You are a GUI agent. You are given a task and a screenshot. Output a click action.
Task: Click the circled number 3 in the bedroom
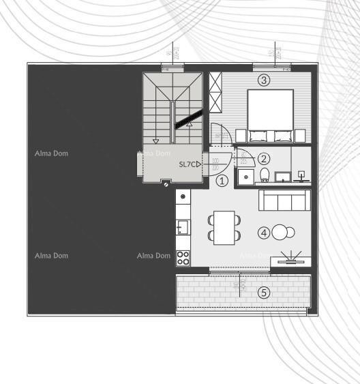coord(264,80)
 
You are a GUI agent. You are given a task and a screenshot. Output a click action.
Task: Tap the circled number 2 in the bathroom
coord(264,158)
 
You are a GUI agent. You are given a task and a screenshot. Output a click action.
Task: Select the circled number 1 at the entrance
coord(222,181)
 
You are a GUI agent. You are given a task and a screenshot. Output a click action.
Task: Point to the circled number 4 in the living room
coord(264,233)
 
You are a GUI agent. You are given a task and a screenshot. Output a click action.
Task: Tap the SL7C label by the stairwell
coord(189,164)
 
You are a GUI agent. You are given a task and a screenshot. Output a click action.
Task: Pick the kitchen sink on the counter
coord(182,226)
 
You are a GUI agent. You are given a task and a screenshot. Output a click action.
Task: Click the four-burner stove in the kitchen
coord(183,257)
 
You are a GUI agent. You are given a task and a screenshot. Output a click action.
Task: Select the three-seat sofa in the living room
coord(284,201)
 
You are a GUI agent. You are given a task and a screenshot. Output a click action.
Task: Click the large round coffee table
coord(280,233)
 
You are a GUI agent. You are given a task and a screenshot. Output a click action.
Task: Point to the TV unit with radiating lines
coord(291,259)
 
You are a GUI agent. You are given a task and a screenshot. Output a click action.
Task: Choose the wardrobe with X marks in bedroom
coord(217,93)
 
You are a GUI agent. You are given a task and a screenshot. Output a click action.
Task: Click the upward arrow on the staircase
coord(190,124)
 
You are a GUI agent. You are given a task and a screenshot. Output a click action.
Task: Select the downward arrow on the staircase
coord(156,138)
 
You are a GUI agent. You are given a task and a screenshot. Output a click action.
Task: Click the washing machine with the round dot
coord(183,198)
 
